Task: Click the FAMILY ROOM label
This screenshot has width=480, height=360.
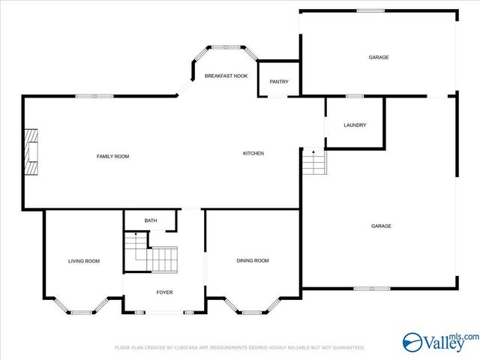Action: (112, 156)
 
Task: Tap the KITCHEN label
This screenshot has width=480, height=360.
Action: (253, 154)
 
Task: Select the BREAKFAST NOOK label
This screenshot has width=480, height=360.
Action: (226, 76)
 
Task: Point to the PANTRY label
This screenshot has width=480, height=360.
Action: (279, 82)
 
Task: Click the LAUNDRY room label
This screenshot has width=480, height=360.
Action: (355, 124)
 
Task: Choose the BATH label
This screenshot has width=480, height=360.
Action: (151, 220)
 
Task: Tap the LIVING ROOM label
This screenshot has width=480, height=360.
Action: (84, 261)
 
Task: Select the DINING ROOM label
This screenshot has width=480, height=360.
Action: (253, 260)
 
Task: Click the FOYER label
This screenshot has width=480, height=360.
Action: (164, 292)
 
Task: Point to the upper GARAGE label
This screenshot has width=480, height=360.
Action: (379, 57)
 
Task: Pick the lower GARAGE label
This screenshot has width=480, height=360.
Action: (381, 226)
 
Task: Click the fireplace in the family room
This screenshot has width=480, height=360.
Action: (31, 152)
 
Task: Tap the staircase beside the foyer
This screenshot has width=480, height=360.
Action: (154, 253)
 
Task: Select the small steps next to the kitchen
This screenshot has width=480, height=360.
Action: (314, 161)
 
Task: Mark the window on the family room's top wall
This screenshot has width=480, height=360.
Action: (94, 95)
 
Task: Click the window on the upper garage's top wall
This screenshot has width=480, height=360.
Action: (367, 10)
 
